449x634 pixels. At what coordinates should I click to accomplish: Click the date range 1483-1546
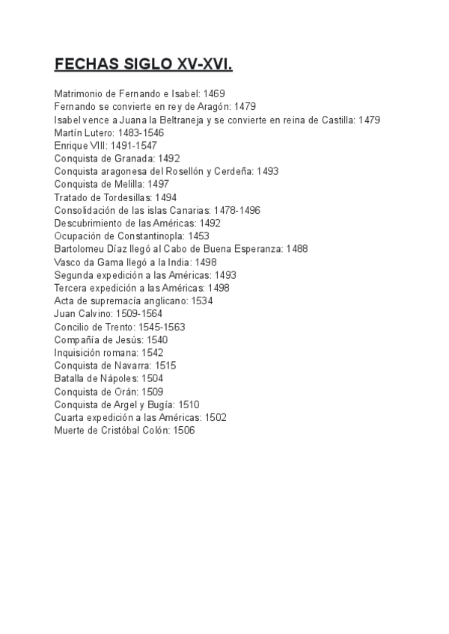(x=141, y=132)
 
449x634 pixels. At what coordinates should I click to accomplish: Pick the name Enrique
(x=72, y=145)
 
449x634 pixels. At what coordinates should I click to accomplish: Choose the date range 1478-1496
(x=236, y=210)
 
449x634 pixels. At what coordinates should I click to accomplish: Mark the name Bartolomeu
(x=81, y=249)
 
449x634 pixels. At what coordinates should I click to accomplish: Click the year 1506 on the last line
(x=183, y=431)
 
